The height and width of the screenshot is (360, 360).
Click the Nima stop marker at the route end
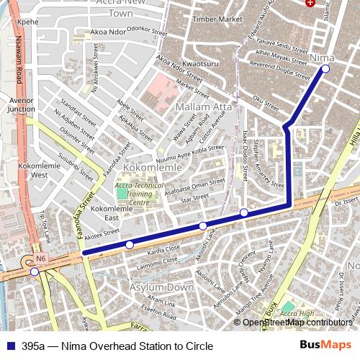325,68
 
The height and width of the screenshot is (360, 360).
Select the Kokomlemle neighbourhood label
150,167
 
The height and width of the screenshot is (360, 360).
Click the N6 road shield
41,258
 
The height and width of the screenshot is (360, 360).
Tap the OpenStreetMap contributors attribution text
297,323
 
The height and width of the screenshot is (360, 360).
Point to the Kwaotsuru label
200,64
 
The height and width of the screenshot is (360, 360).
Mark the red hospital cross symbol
310,4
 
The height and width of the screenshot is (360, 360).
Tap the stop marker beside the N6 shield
35,271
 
